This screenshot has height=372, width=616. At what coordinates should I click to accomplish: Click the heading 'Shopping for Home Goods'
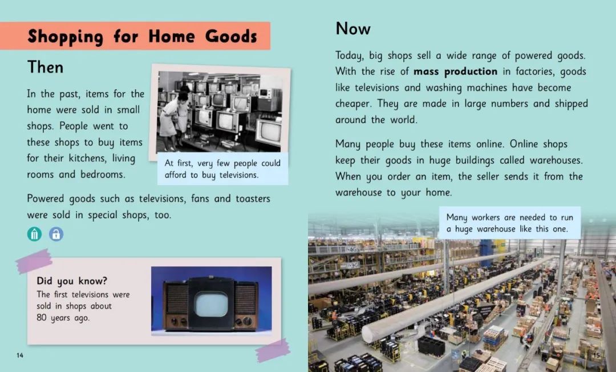pyautogui.click(x=142, y=37)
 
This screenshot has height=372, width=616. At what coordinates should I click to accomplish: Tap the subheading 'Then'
pyautogui.click(x=45, y=67)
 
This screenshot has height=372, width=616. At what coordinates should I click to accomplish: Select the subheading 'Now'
pyautogui.click(x=353, y=29)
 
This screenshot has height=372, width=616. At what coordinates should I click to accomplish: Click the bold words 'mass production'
pyautogui.click(x=455, y=71)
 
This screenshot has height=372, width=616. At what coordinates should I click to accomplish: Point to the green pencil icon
pyautogui.click(x=35, y=234)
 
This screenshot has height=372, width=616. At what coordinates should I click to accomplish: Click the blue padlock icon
pyautogui.click(x=56, y=234)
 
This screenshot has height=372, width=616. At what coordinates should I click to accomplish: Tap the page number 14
pyautogui.click(x=19, y=355)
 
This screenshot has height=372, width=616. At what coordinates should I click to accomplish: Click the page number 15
pyautogui.click(x=597, y=355)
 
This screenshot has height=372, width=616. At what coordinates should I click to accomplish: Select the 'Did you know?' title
pyautogui.click(x=72, y=281)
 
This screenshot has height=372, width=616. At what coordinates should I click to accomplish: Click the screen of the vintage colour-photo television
pyautogui.click(x=212, y=305)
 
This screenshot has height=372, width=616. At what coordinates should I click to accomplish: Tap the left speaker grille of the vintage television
pyautogui.click(x=176, y=299)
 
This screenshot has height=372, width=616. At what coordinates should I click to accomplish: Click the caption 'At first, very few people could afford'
pyautogui.click(x=223, y=169)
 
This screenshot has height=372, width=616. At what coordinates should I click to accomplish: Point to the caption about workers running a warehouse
pyautogui.click(x=509, y=223)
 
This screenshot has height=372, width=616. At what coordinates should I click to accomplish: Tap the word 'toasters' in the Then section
pyautogui.click(x=253, y=198)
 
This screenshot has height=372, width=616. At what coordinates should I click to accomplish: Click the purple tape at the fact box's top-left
pyautogui.click(x=34, y=261)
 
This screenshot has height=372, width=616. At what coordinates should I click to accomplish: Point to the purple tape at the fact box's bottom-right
pyautogui.click(x=273, y=350)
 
